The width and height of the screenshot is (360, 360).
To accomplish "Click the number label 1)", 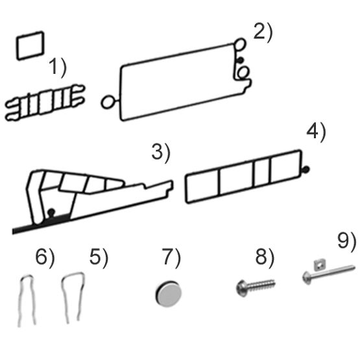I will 59,68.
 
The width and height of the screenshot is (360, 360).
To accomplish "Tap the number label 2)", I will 263,32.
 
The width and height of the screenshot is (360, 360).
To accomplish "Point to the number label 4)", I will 316,132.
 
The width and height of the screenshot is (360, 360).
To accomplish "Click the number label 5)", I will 99,258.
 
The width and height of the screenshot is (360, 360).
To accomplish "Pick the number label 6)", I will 45,258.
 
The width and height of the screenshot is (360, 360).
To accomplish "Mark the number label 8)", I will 265,258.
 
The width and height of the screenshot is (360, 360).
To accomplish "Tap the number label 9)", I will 346,241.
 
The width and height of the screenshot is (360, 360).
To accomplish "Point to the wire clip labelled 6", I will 27,298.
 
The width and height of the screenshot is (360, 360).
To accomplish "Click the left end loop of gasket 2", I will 108,102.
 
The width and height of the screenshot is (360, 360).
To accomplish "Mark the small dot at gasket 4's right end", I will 306,170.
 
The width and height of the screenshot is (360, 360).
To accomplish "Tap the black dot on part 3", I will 51,211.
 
